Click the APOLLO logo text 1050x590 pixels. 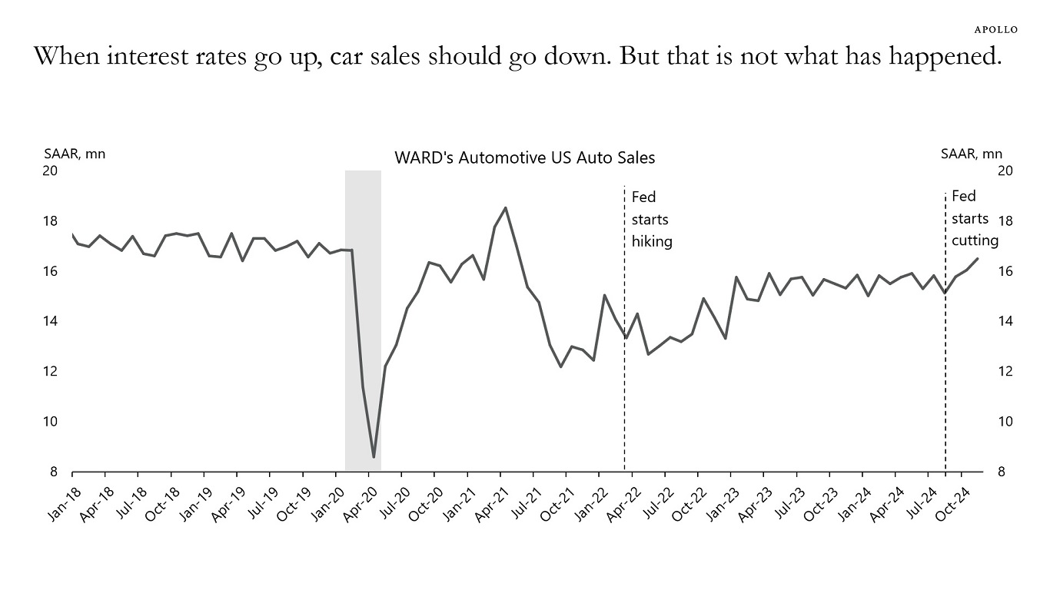tap(995, 30)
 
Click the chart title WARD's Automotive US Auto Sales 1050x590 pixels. tap(524, 157)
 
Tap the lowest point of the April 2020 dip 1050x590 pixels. tap(374, 457)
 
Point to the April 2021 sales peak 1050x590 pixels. tap(505, 207)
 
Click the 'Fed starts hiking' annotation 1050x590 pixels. tap(651, 219)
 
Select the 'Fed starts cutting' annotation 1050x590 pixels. tap(974, 218)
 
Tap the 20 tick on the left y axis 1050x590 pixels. tap(50, 171)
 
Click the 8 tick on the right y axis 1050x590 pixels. tap(1002, 472)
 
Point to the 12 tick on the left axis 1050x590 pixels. tap(50, 372)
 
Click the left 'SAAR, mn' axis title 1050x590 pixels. tap(75, 154)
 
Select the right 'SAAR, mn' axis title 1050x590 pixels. tap(972, 154)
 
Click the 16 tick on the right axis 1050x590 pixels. tap(1005, 271)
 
